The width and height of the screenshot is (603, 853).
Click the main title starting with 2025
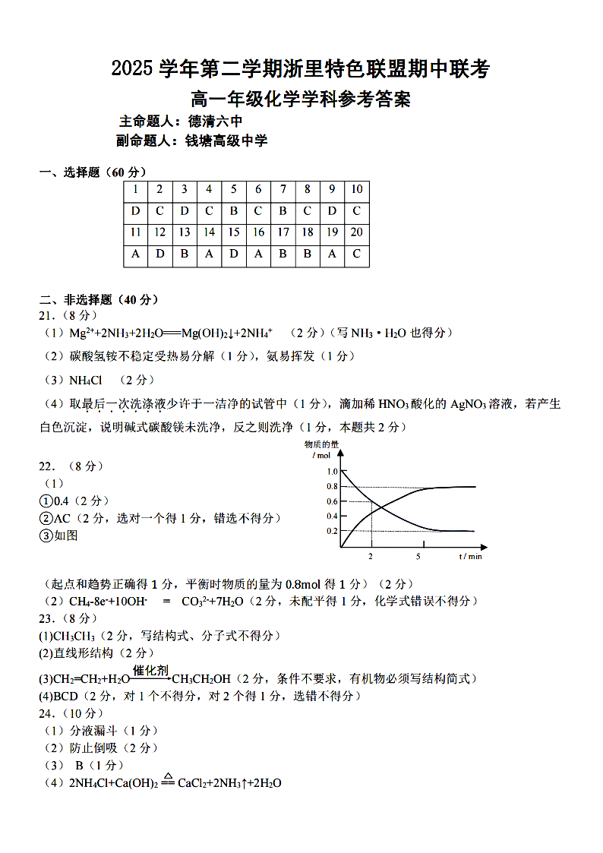(x=301, y=70)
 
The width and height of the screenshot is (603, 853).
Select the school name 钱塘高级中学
(x=226, y=141)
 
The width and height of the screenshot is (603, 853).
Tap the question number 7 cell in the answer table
(x=283, y=189)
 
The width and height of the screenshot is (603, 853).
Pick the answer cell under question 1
(x=135, y=211)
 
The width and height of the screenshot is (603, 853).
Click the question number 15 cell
(x=233, y=232)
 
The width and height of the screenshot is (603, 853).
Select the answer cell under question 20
(x=356, y=254)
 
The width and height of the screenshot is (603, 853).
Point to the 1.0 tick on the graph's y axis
(x=332, y=472)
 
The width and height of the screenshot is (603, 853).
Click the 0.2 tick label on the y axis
(x=332, y=530)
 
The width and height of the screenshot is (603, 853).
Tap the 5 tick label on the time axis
(x=418, y=557)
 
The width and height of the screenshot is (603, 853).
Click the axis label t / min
(x=470, y=557)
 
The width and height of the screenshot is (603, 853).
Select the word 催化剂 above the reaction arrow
(x=150, y=670)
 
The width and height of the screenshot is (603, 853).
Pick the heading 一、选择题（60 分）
(x=93, y=172)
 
